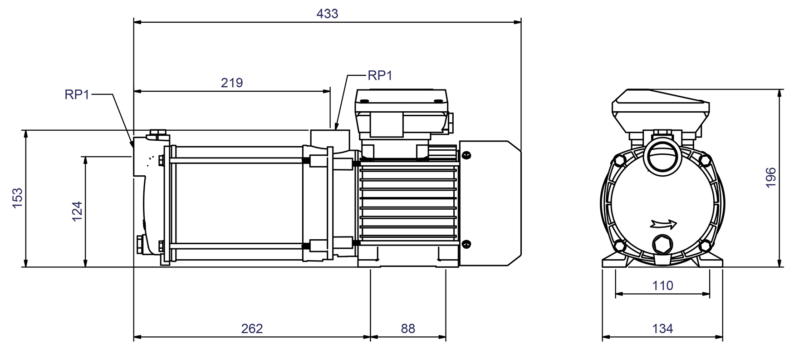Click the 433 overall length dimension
(327, 14)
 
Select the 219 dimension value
(232, 83)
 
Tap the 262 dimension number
(252, 328)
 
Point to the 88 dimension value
(408, 328)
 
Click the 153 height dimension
(17, 198)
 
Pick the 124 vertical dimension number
(77, 211)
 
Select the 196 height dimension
(770, 178)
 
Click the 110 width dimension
(662, 286)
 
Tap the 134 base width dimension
(662, 328)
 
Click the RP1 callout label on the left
(77, 94)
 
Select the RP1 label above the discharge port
(380, 75)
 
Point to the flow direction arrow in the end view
(663, 224)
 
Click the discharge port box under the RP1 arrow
(330, 138)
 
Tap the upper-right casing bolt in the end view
(705, 160)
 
